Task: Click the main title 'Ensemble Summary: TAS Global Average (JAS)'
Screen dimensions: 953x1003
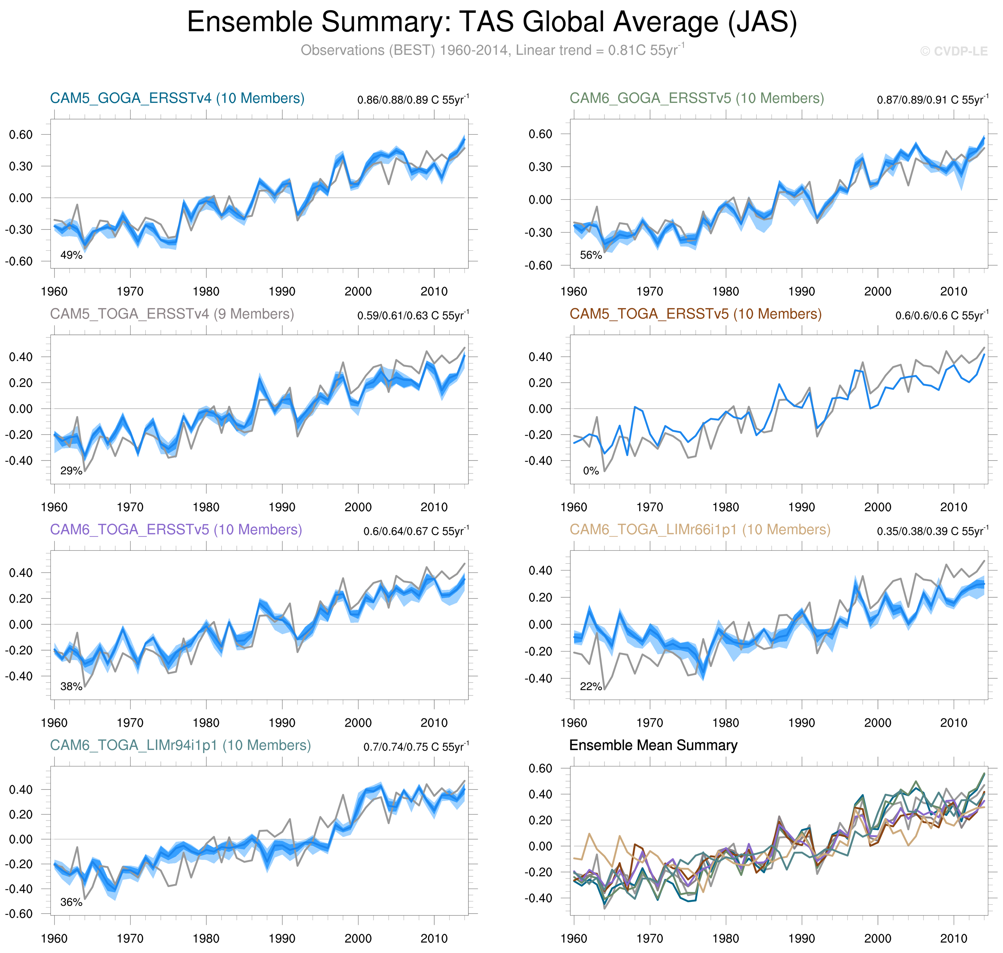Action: click(x=491, y=22)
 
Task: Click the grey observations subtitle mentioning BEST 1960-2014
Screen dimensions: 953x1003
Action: click(x=491, y=50)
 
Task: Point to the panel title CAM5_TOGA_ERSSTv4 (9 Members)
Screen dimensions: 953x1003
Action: click(x=172, y=314)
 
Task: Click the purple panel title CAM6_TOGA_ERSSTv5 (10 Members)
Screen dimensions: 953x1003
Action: click(x=176, y=529)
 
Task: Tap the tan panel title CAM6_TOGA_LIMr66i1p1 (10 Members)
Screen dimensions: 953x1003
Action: click(x=700, y=529)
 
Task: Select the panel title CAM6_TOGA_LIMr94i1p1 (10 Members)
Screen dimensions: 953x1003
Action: click(x=180, y=745)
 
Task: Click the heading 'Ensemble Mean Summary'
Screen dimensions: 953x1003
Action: click(x=653, y=745)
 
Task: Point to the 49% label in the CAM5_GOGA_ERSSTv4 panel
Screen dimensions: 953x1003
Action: click(x=71, y=255)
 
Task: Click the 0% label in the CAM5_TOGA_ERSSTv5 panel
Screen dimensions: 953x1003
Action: click(x=591, y=471)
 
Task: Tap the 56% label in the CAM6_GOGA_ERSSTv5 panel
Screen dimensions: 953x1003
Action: click(x=591, y=255)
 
